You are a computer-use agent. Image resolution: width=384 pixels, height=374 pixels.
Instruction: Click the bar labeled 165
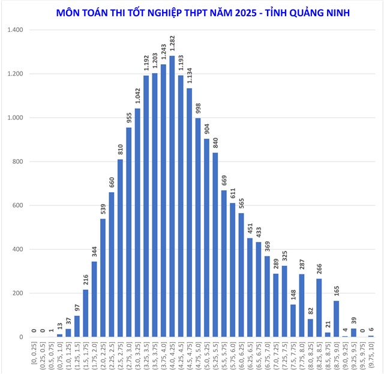click(336, 319)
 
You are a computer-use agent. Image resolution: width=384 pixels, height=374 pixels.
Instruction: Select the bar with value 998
click(198, 228)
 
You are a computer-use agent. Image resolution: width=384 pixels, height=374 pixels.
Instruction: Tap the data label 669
click(224, 178)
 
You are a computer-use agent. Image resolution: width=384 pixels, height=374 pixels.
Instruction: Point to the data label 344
click(94, 250)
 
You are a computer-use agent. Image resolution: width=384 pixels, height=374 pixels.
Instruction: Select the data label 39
click(353, 321)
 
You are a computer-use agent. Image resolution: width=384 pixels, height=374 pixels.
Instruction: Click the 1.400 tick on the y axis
click(14, 30)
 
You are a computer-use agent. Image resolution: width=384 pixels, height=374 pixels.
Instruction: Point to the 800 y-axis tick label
click(17, 161)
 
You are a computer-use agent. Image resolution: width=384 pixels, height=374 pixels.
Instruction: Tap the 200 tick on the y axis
click(17, 294)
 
